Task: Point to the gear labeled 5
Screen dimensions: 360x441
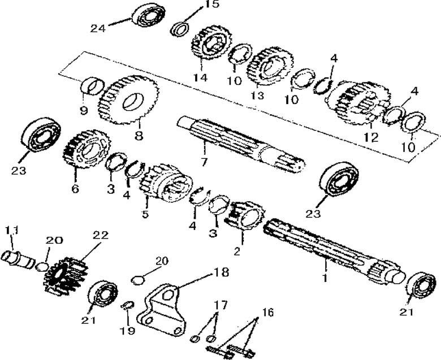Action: coord(164,184)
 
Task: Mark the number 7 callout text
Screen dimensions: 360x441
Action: coord(205,162)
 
